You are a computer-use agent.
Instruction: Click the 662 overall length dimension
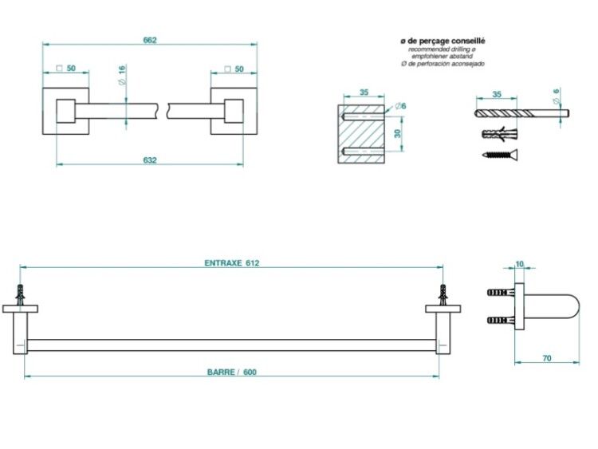pyautogui.click(x=150, y=40)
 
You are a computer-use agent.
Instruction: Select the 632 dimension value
pyautogui.click(x=150, y=160)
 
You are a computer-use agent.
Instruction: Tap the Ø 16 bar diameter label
pyautogui.click(x=122, y=75)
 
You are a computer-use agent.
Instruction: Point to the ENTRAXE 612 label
pyautogui.click(x=232, y=263)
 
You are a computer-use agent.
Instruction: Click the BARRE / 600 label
pyautogui.click(x=232, y=372)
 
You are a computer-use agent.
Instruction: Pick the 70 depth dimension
pyautogui.click(x=547, y=358)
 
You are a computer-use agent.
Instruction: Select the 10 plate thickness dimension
pyautogui.click(x=519, y=264)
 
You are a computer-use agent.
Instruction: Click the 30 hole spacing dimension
pyautogui.click(x=398, y=133)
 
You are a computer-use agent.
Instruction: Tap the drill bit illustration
pyautogui.click(x=522, y=113)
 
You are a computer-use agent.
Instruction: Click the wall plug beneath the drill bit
pyautogui.click(x=500, y=134)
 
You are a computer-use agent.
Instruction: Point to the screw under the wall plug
pyautogui.click(x=500, y=155)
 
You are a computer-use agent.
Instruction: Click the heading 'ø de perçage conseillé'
pyautogui.click(x=443, y=41)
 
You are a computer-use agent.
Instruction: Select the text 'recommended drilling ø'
pyautogui.click(x=443, y=49)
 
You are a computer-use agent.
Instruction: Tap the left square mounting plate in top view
pyautogui.click(x=65, y=111)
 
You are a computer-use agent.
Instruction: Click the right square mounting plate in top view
pyautogui.click(x=234, y=111)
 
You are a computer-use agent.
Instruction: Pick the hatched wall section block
pyautogui.click(x=360, y=134)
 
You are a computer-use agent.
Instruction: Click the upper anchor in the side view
pyautogui.click(x=501, y=293)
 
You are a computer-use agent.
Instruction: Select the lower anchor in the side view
pyautogui.click(x=501, y=320)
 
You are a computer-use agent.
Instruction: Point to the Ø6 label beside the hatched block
pyautogui.click(x=400, y=105)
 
